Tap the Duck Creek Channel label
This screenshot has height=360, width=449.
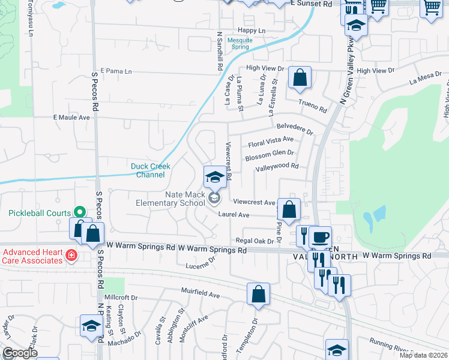(x=151, y=170)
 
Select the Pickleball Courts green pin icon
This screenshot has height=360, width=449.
(x=79, y=212)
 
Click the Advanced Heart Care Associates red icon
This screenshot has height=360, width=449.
(x=71, y=255)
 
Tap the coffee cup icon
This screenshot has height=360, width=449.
(x=321, y=236)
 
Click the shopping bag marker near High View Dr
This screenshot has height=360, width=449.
(x=300, y=78)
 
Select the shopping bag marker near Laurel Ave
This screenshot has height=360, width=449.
(x=289, y=211)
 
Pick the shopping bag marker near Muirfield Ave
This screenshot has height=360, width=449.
(x=258, y=295)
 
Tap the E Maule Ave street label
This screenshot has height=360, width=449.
(x=71, y=117)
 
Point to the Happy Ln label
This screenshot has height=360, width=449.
(x=252, y=30)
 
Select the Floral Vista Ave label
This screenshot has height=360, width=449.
(x=271, y=142)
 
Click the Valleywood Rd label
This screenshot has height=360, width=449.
(x=277, y=167)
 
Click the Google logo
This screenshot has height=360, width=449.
(x=20, y=353)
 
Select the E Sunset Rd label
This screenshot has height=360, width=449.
(x=311, y=4)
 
